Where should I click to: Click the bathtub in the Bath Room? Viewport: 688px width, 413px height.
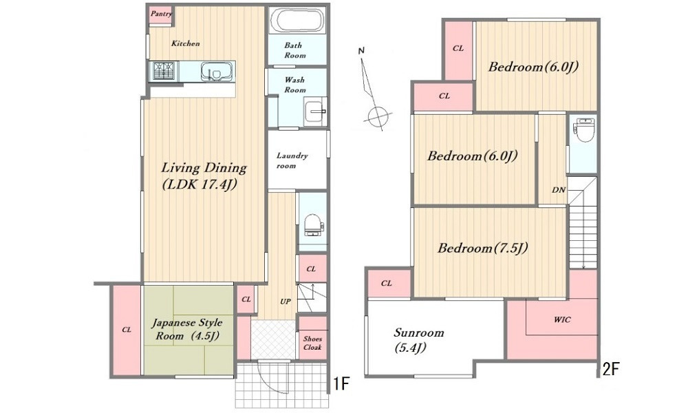(297, 20)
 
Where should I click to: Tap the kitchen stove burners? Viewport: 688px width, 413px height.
(164, 71)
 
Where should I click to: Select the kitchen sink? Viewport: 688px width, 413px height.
(216, 72)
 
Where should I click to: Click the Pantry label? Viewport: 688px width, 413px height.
(161, 14)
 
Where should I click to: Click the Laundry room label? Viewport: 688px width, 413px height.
(292, 160)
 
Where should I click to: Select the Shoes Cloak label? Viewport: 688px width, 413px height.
(312, 343)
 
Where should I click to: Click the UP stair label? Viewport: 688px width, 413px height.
(286, 301)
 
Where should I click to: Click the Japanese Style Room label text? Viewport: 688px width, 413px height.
(187, 329)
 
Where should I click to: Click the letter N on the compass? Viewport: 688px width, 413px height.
(361, 51)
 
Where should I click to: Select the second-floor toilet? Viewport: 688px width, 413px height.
(583, 129)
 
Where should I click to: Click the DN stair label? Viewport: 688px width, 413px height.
(558, 190)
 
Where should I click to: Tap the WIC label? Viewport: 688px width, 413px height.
(562, 319)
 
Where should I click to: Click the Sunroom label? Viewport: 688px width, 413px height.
(418, 340)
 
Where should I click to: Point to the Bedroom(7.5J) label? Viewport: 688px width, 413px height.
(483, 248)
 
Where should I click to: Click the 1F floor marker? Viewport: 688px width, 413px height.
(341, 384)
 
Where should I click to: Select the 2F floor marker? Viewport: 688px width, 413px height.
(610, 370)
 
